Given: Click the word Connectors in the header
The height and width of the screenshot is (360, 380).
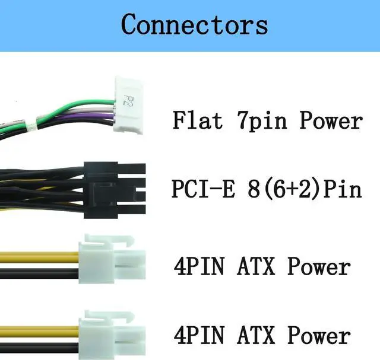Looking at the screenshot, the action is (x=194, y=26).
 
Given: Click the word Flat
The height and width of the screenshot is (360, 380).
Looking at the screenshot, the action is (x=198, y=120).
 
